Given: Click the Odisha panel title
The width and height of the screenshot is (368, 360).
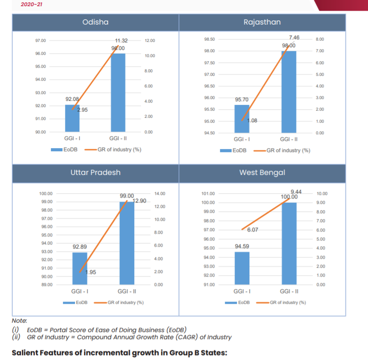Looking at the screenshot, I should [x=95, y=22].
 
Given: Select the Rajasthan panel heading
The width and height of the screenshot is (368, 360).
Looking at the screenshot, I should [x=262, y=22].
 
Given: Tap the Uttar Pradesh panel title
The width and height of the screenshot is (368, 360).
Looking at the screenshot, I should [x=95, y=172].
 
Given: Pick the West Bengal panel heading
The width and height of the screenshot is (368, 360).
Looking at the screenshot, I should [x=262, y=172].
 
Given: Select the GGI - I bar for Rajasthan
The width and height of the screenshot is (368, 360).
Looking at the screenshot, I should [x=242, y=119].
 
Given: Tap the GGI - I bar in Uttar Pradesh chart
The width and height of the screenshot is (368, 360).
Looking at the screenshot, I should [x=79, y=269].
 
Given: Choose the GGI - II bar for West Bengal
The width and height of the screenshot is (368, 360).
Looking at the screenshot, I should [x=289, y=244].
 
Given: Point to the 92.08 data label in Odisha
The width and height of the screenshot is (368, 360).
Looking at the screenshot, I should [x=72, y=99].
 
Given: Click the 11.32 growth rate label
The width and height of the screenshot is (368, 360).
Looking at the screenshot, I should [x=121, y=41].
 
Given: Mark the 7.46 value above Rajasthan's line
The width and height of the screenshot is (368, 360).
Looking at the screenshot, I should [x=294, y=38].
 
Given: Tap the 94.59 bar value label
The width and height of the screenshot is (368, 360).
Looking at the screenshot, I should [x=242, y=246].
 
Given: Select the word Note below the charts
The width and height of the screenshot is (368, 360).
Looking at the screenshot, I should [x=19, y=321].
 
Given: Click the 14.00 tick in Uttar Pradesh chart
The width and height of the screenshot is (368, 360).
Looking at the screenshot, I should [x=159, y=194].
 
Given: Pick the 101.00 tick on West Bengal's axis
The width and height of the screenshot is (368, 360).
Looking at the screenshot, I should [x=209, y=194].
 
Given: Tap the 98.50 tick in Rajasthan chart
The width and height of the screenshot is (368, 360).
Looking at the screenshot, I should [x=210, y=39].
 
